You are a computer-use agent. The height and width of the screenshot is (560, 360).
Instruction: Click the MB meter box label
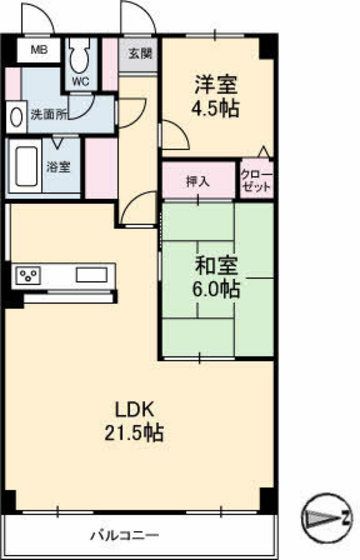click(39, 50)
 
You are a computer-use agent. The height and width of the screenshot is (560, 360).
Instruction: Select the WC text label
click(81, 82)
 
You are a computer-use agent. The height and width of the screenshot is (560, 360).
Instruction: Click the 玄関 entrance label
click(140, 54)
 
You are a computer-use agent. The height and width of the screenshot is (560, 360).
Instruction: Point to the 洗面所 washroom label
click(49, 115)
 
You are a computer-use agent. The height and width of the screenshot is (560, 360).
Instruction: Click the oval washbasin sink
click(16, 117)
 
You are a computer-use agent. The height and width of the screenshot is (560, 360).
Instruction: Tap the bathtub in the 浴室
click(26, 166)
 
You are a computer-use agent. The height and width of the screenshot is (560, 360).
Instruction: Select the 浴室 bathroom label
click(58, 167)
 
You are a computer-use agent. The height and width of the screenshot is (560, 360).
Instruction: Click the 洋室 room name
click(215, 85)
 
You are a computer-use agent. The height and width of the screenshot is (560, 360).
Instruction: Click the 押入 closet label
click(198, 182)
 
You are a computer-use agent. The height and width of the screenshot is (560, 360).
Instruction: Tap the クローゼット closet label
click(257, 181)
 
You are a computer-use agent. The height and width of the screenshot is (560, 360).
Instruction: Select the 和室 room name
click(216, 266)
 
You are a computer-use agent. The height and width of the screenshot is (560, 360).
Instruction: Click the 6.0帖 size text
click(216, 289)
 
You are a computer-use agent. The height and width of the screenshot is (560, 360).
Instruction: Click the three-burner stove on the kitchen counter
click(28, 275)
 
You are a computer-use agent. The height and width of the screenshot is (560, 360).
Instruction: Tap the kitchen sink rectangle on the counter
click(91, 275)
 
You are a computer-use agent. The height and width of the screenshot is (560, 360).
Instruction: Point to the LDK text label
click(134, 410)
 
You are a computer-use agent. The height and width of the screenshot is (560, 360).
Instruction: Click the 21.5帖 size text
click(134, 432)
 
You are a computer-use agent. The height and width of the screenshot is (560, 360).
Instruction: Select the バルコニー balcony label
click(124, 536)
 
